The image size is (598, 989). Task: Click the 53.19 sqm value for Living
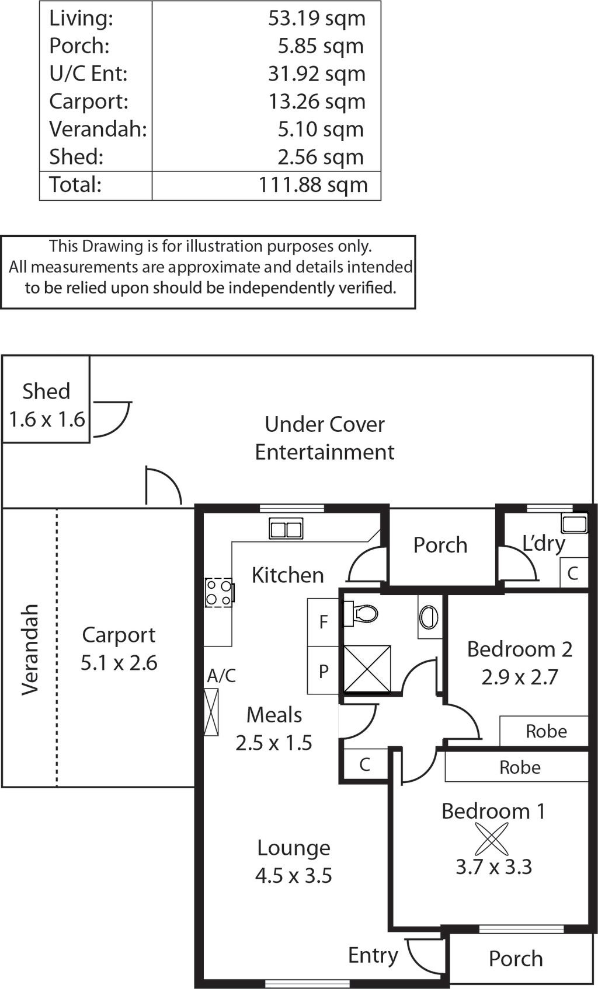(317, 19)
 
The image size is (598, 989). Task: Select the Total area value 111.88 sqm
(313, 185)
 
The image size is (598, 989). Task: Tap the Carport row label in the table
(89, 102)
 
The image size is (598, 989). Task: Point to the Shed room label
(46, 391)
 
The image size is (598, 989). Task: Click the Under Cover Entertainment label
(325, 438)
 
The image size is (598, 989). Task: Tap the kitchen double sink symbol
(286, 528)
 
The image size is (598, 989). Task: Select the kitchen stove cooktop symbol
(219, 593)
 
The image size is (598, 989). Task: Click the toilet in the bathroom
(361, 613)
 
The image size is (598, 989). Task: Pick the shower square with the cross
(367, 669)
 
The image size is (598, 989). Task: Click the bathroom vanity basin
(429, 616)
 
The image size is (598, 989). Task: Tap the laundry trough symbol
(575, 524)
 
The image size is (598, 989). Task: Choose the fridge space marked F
(324, 622)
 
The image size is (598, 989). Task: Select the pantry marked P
(324, 671)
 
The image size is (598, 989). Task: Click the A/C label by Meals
(221, 676)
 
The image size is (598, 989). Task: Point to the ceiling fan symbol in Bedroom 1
(492, 839)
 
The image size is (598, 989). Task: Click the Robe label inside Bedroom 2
(546, 732)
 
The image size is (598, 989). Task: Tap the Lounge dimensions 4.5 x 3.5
(294, 876)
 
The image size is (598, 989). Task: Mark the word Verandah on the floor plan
(30, 650)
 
